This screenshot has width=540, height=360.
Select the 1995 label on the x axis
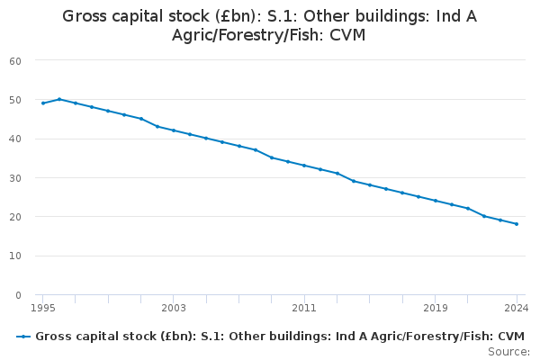(42, 308)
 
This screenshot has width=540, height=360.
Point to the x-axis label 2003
(173, 308)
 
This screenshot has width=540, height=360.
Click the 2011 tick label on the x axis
(304, 308)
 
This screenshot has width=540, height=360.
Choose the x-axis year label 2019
(435, 308)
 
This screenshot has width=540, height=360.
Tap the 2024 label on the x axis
(517, 308)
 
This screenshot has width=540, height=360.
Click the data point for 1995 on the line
(42, 103)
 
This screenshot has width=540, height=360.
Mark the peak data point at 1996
(58, 99)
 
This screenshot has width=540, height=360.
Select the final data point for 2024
(517, 224)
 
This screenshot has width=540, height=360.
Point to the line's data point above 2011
(304, 166)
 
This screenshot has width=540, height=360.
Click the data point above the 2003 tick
(173, 130)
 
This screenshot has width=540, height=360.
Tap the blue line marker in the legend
(23, 337)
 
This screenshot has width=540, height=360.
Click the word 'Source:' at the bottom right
(509, 351)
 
